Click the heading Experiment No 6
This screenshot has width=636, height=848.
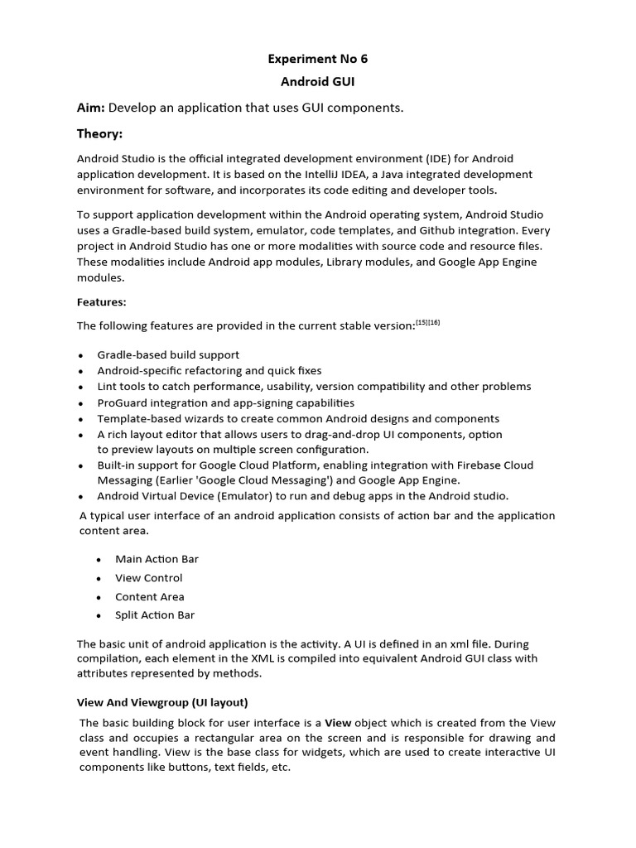pyautogui.click(x=318, y=59)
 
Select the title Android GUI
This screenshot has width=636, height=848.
pyautogui.click(x=318, y=83)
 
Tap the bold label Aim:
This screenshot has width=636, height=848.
pyautogui.click(x=91, y=108)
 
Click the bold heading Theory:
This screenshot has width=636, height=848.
pyautogui.click(x=99, y=133)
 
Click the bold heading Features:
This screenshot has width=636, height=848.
pyautogui.click(x=102, y=302)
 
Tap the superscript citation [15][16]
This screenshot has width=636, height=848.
pyautogui.click(x=427, y=323)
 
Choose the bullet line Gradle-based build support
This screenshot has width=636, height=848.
pyautogui.click(x=168, y=354)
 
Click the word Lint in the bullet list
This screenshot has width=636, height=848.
pyautogui.click(x=108, y=387)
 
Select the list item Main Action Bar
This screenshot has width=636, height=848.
pyautogui.click(x=157, y=559)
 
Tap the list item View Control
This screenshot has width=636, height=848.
pyautogui.click(x=149, y=578)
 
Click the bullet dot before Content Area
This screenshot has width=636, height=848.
pyautogui.click(x=98, y=597)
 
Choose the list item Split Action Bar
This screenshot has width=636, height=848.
pyautogui.click(x=155, y=615)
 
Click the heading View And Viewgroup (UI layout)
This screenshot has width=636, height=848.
pyautogui.click(x=162, y=702)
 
